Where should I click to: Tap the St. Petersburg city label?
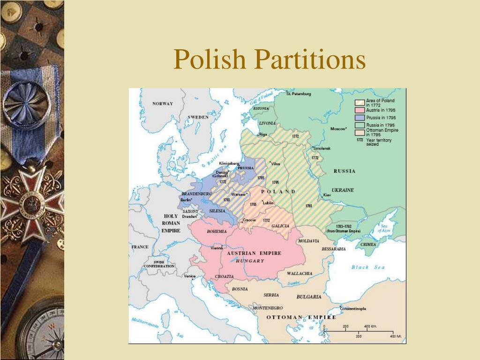click(x=299, y=94)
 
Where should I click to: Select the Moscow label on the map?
click(x=338, y=128)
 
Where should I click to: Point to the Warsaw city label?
click(x=239, y=194)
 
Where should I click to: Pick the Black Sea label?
click(x=368, y=267)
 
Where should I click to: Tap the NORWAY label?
click(x=163, y=104)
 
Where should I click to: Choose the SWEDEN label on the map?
click(x=198, y=117)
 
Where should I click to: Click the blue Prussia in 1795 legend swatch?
click(x=360, y=118)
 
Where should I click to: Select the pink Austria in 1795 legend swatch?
click(x=360, y=110)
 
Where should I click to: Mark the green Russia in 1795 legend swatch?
click(x=360, y=125)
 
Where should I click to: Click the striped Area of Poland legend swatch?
click(x=360, y=103)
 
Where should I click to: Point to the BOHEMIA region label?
click(x=217, y=231)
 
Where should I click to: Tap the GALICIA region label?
click(x=280, y=226)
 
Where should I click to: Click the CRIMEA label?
click(x=368, y=245)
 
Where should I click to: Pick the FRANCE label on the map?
click(x=140, y=247)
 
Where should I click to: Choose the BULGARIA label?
click(x=309, y=297)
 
